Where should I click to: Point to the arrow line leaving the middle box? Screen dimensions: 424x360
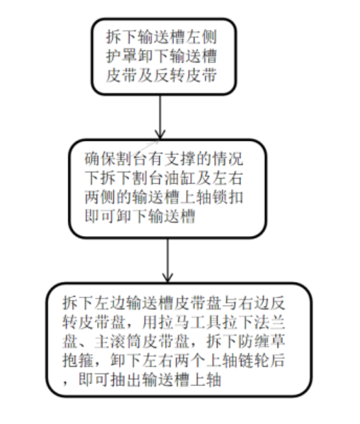(167, 257)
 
